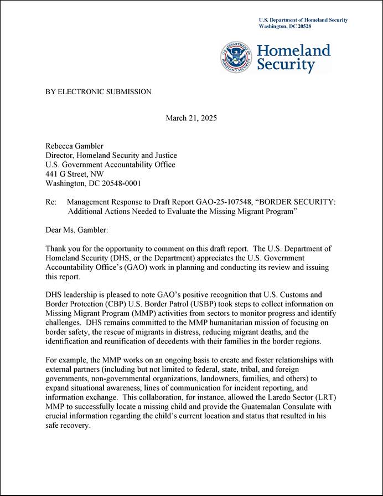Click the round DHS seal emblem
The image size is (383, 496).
point(237,58)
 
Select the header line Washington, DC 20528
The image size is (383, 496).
point(285,27)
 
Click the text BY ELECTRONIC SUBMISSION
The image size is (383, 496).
point(98,91)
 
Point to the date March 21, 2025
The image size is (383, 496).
point(191,118)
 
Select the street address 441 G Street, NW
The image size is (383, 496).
point(74,174)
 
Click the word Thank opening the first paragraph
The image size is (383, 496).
point(56,249)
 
